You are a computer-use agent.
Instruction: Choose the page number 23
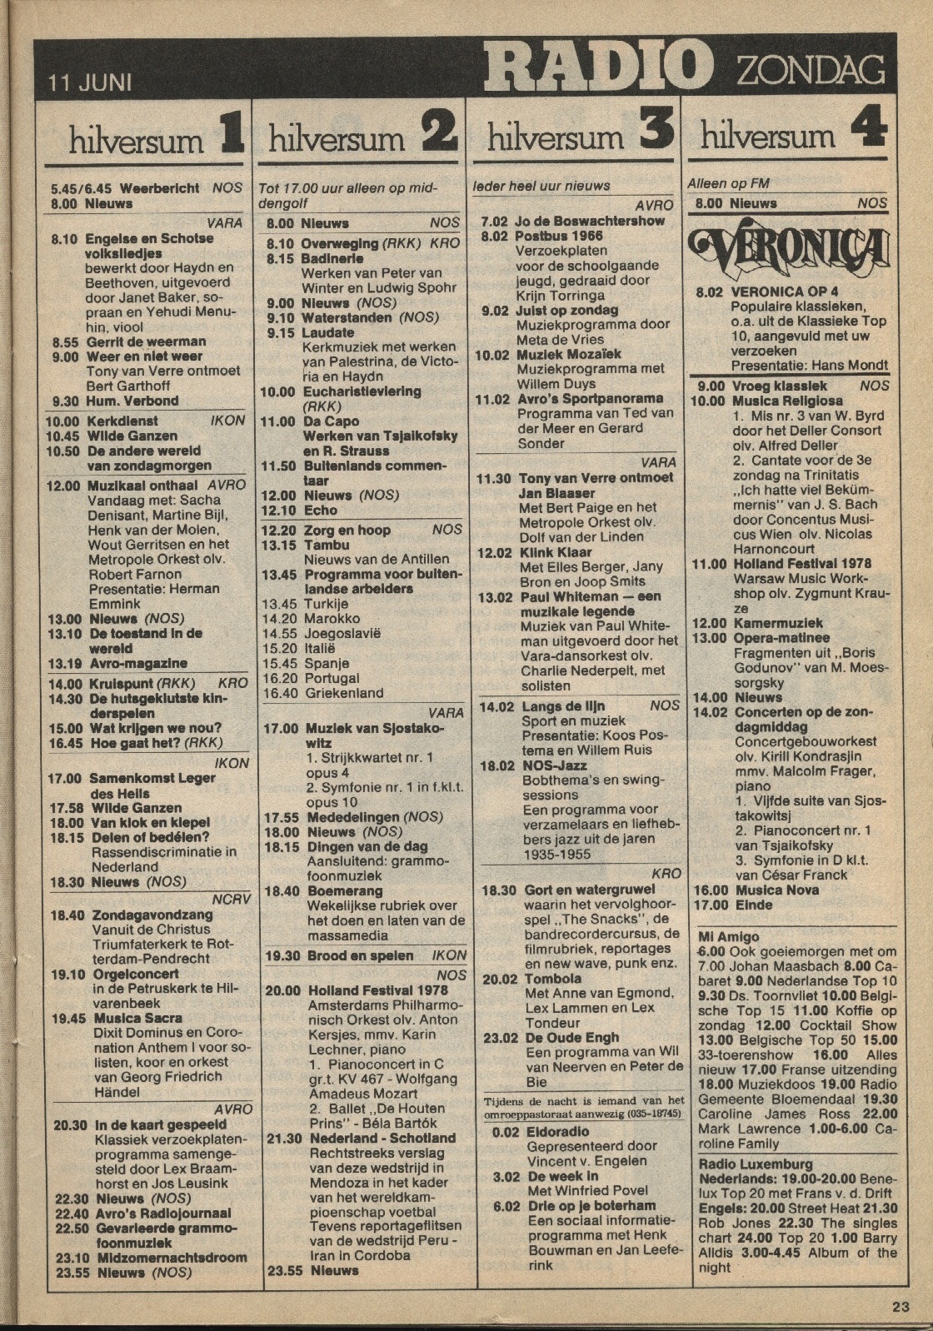tap(900, 1306)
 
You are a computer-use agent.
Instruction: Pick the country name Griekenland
tap(343, 693)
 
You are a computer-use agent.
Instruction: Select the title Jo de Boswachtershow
tap(590, 221)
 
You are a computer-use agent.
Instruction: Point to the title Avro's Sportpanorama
tap(591, 398)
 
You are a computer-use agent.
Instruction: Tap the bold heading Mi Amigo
tap(729, 936)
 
